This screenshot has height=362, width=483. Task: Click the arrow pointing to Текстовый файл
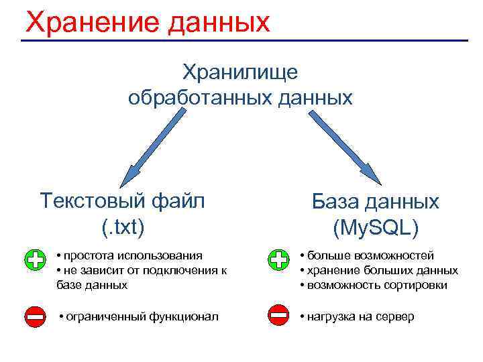tap(154, 147)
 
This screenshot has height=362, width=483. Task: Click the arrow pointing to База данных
tap(343, 147)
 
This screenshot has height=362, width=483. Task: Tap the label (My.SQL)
tap(376, 228)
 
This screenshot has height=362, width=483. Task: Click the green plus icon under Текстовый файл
tap(36, 259)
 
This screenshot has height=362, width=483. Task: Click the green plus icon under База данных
tap(278, 259)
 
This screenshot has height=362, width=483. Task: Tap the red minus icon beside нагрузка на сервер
tap(278, 314)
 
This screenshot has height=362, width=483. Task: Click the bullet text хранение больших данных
tap(383, 270)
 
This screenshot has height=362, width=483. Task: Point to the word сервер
tap(394, 316)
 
